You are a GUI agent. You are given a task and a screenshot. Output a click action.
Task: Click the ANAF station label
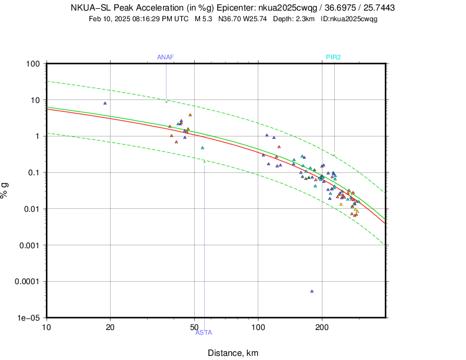pos(165,57)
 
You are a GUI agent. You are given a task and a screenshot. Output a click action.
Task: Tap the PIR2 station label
pos(334,57)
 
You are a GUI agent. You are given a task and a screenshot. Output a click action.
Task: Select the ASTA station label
pos(204,333)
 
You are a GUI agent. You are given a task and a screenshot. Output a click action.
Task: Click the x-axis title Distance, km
pos(233,353)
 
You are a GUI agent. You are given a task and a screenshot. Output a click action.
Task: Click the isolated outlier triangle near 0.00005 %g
pos(312,291)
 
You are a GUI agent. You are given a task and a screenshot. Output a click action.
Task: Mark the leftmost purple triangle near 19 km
pos(105,103)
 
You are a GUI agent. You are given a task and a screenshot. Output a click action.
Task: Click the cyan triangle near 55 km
pos(202,148)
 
